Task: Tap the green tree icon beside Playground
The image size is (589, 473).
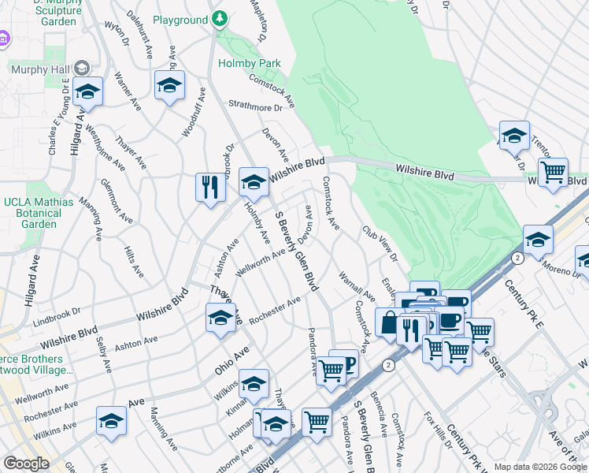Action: click(x=222, y=18)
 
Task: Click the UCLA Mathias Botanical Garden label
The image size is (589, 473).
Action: click(x=39, y=213)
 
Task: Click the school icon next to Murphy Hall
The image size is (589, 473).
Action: click(x=88, y=91)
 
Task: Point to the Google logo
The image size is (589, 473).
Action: click(x=26, y=464)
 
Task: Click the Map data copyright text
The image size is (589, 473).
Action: click(x=539, y=467)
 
